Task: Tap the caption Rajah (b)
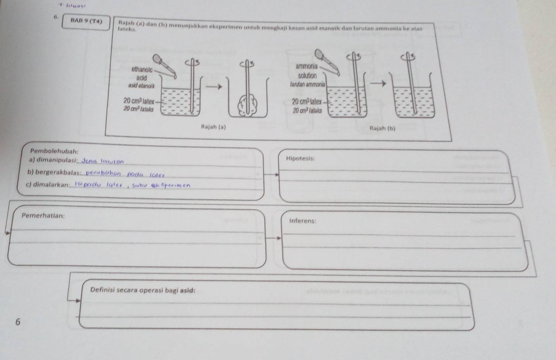tap(383, 128)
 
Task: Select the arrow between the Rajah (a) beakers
tap(215, 86)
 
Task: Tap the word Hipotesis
tap(300, 158)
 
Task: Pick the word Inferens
tap(302, 221)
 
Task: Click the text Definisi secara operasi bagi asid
tap(142, 290)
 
